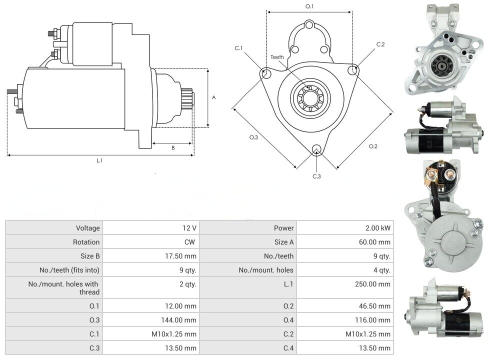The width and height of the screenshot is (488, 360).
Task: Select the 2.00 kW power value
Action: tap(378, 228)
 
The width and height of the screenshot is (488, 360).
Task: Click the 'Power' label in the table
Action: tap(283, 228)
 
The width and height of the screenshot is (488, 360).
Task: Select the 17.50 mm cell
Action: tap(183, 256)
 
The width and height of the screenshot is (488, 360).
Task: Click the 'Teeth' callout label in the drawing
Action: tap(277, 57)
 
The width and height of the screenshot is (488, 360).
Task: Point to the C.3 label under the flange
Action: tap(316, 176)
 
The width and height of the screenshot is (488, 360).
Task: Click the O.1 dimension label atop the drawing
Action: tap(309, 6)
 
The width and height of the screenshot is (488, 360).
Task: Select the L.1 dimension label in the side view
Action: tap(99, 160)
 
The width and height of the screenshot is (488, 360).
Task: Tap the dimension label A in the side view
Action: tap(213, 97)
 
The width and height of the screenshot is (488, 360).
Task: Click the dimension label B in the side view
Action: tap(173, 147)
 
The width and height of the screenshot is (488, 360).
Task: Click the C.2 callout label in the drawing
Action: tap(380, 44)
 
